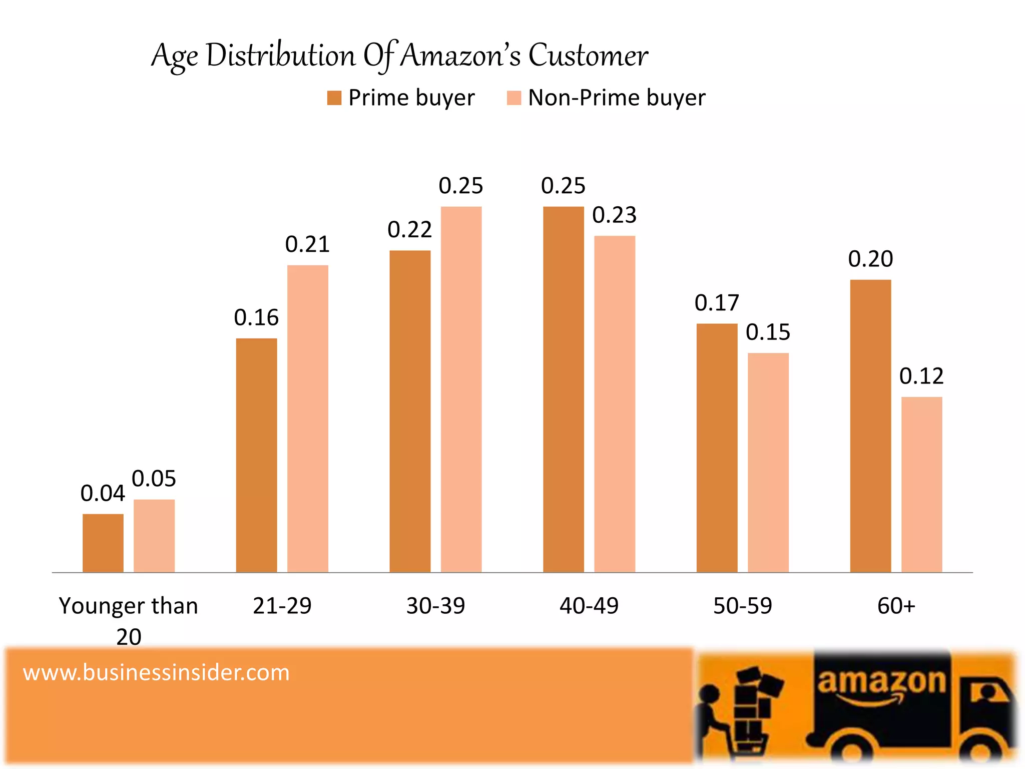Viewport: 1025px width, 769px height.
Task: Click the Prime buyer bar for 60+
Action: point(870,426)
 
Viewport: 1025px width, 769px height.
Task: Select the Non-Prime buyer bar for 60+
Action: point(921,484)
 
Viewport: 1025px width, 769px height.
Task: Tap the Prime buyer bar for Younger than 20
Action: point(103,543)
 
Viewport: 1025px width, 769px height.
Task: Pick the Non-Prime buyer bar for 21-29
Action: point(307,419)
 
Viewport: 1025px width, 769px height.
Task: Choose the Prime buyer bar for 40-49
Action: point(564,389)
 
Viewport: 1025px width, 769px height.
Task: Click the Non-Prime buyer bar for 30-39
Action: point(461,389)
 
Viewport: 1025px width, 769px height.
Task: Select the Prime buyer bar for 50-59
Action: point(717,448)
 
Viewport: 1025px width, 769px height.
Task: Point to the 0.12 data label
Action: point(921,376)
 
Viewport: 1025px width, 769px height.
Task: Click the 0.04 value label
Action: point(103,494)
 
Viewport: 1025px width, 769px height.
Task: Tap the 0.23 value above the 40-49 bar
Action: point(614,215)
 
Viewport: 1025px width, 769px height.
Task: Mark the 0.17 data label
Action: point(717,303)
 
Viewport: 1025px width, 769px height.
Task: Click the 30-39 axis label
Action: point(435,606)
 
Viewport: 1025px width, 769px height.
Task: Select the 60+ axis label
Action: point(896,606)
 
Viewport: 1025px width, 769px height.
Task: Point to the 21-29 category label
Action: point(282,606)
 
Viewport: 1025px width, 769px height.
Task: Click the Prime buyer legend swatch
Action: point(334,98)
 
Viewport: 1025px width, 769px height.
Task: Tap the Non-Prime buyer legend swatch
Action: point(514,98)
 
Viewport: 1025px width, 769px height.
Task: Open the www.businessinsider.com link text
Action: point(156,672)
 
